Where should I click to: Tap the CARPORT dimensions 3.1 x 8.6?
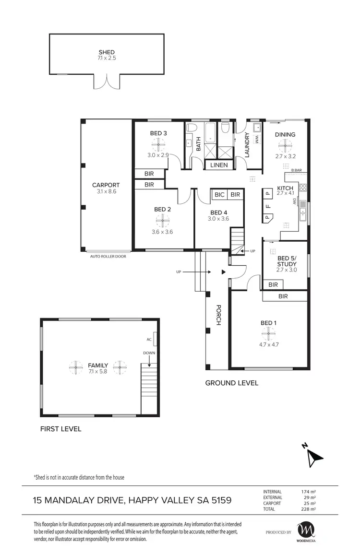[x=106, y=191]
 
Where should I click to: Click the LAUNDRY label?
[x=247, y=145]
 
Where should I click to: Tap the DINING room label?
[x=285, y=134]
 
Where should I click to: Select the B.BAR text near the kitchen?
[x=296, y=170]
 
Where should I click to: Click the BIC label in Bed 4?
[x=219, y=194]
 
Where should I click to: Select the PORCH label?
[x=218, y=315]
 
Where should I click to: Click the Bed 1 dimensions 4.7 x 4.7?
[x=269, y=343]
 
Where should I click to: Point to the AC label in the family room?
[x=149, y=339]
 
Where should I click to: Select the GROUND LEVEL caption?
[x=231, y=383]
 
